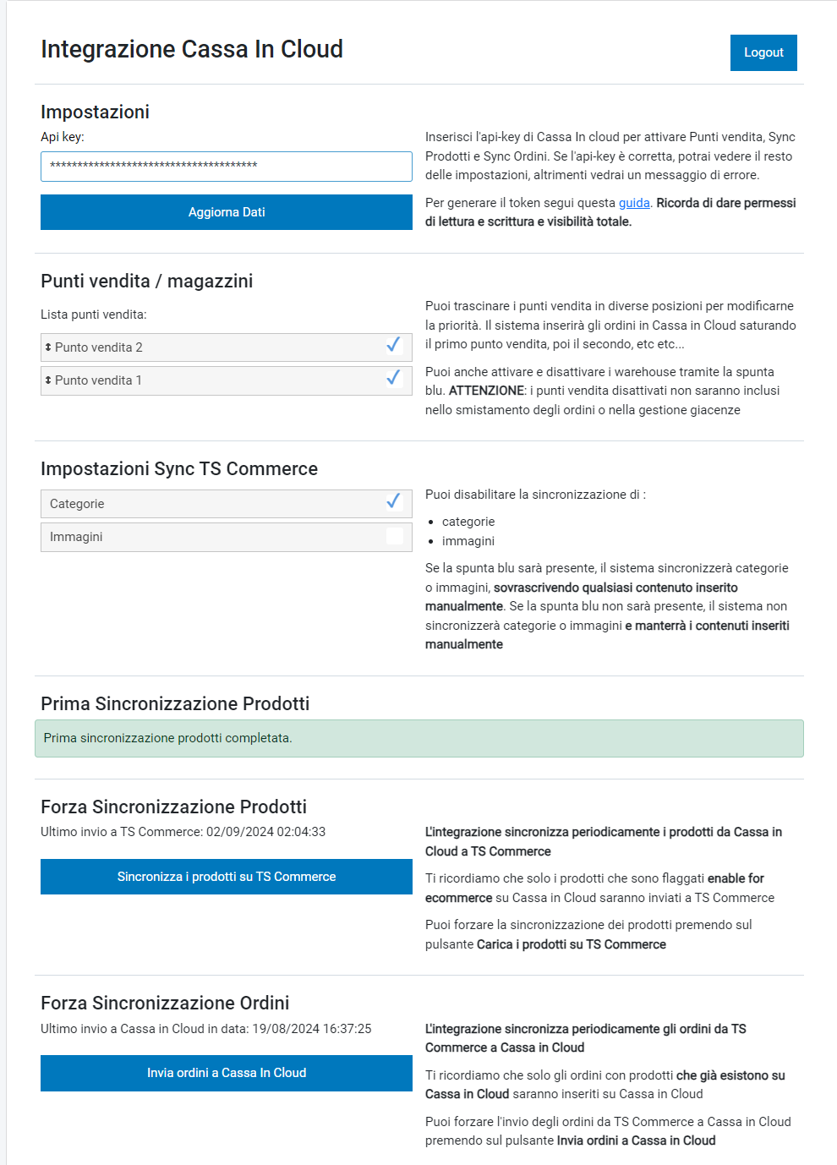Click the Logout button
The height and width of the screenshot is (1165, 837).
pos(763,52)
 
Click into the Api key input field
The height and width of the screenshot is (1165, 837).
pos(226,167)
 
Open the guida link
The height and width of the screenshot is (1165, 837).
pos(633,203)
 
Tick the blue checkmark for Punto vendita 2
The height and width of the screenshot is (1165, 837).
pos(393,345)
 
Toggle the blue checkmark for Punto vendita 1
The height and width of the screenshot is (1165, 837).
pos(393,378)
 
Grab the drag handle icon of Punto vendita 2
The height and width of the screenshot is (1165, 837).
pos(48,347)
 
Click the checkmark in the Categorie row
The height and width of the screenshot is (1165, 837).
pos(393,502)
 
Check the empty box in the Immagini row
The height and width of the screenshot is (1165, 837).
pos(394,536)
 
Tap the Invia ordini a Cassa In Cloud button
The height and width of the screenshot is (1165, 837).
pos(226,1073)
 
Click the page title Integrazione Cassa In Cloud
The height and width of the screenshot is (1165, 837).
pos(192,49)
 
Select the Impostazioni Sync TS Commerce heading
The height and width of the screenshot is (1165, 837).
pos(179,469)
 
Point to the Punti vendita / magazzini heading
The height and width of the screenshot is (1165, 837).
pos(146,282)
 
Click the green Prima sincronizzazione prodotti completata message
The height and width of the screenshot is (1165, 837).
pos(418,738)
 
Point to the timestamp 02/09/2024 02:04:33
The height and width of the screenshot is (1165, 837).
pos(265,832)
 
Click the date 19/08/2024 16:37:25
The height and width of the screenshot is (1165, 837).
pos(312,1029)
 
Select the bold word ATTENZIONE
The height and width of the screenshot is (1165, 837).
pos(486,391)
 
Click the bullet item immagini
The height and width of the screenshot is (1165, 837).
pos(468,541)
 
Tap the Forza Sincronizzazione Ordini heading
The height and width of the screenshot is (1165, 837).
pos(165,1004)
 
